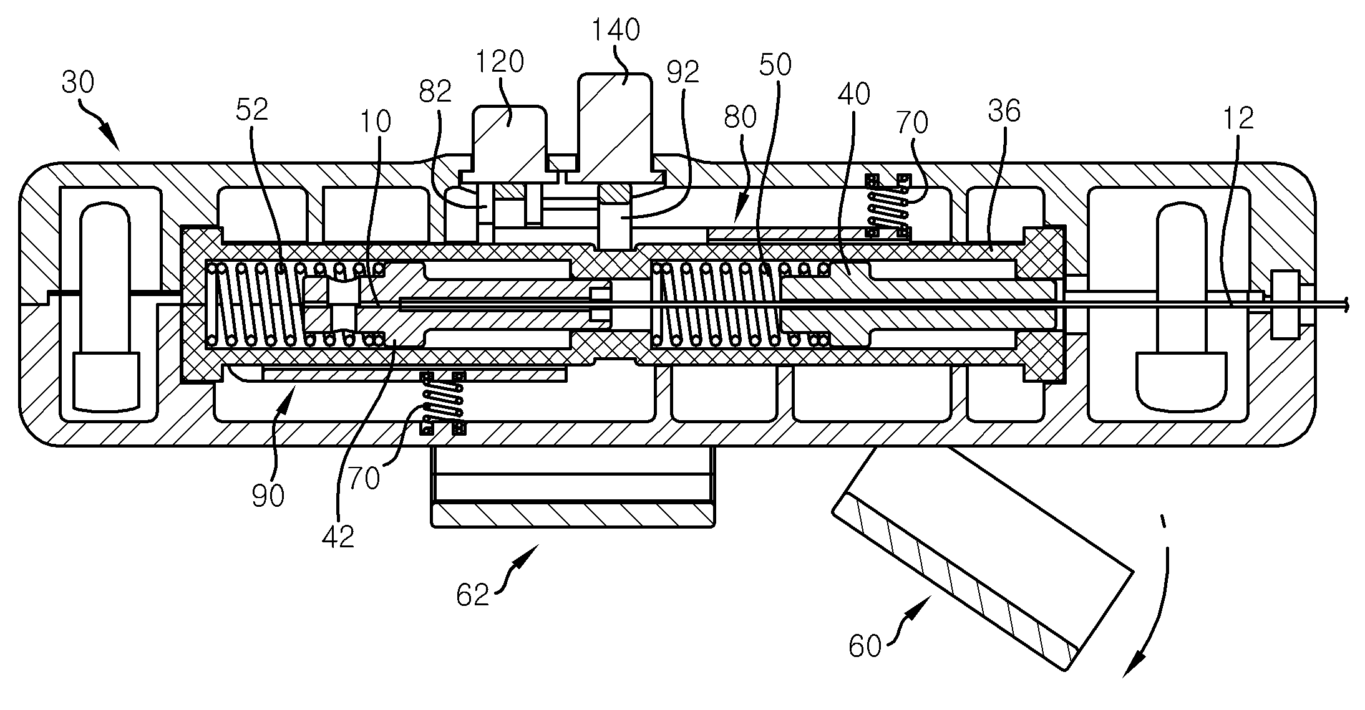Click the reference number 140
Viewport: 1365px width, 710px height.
(616, 30)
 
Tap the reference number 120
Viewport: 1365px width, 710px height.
(499, 62)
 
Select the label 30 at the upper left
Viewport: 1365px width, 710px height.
(78, 82)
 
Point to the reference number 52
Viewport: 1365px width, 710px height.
(252, 110)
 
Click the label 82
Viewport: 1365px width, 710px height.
(435, 92)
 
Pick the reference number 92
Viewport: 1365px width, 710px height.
(682, 73)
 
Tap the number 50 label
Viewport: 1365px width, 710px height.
(775, 65)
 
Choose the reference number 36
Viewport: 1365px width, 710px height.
(1004, 111)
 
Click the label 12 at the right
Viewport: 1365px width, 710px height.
(1238, 118)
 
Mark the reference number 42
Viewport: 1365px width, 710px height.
(338, 536)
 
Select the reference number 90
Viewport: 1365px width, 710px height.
(268, 495)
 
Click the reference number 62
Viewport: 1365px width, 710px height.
(472, 595)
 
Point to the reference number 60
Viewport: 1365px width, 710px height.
(865, 647)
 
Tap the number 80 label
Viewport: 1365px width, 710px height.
(741, 117)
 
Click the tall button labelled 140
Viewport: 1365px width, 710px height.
(615, 128)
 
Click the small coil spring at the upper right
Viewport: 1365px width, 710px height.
(888, 206)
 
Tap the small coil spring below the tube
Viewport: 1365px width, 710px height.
(443, 403)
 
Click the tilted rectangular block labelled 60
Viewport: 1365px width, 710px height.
(983, 559)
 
